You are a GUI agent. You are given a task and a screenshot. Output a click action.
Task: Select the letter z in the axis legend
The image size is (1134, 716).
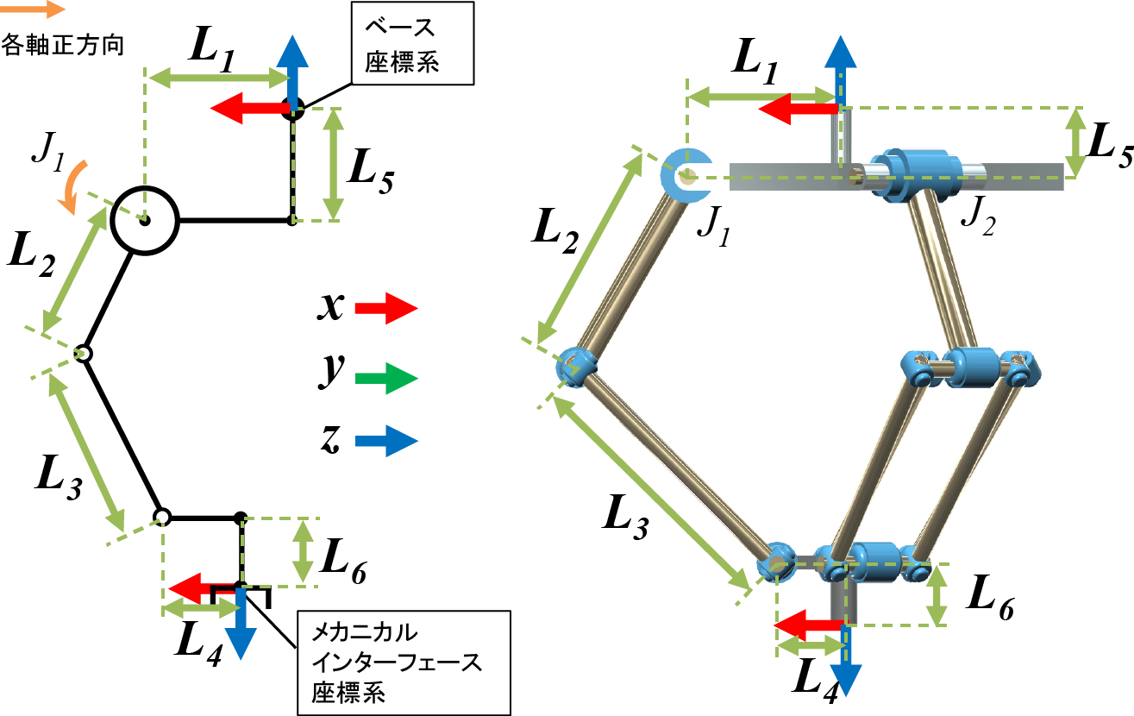point(329,441)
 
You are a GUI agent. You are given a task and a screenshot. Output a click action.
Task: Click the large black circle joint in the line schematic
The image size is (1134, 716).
point(145,221)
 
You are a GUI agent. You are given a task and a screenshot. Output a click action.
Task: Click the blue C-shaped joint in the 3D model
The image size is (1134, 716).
point(685,175)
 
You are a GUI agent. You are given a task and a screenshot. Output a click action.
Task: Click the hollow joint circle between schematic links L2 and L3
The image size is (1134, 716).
point(84,353)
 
